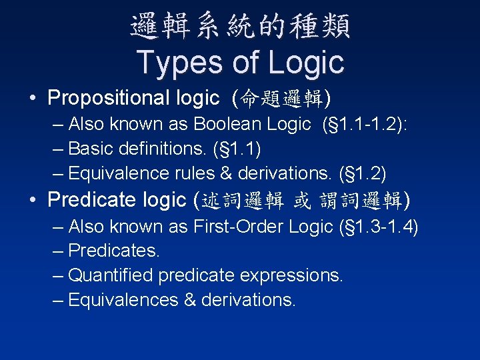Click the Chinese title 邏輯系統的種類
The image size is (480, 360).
pyautogui.click(x=240, y=27)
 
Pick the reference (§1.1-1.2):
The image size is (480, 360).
pyautogui.click(x=375, y=124)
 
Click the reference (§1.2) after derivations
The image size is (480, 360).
pyautogui.click(x=361, y=173)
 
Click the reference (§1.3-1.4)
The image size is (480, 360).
pyautogui.click(x=379, y=227)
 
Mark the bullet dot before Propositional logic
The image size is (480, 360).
pyautogui.click(x=33, y=99)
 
